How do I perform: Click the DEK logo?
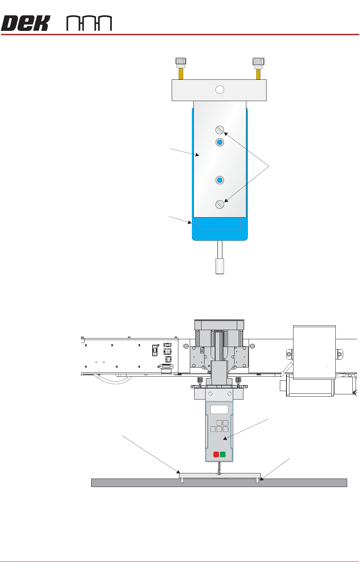[x=25, y=23]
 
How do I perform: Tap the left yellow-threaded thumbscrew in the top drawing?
[x=181, y=68]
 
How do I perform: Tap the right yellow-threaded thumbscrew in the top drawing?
[x=258, y=68]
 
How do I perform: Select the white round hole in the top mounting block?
[x=220, y=90]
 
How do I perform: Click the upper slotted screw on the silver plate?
[x=220, y=130]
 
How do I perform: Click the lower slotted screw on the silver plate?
[x=220, y=204]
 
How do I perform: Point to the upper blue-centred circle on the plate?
[x=220, y=142]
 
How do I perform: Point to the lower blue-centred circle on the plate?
[x=220, y=180]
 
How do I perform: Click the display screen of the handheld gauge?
[x=219, y=409]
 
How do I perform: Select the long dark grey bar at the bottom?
[x=219, y=483]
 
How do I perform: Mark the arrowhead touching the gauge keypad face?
[x=225, y=438]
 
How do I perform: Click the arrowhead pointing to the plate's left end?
[x=178, y=472]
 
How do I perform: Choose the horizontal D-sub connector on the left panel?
[x=166, y=366]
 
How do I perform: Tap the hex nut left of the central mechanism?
[x=186, y=346]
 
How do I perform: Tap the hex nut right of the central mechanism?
[x=252, y=346]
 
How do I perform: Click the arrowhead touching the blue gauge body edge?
[x=190, y=222]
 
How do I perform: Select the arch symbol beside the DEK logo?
[x=89, y=24]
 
